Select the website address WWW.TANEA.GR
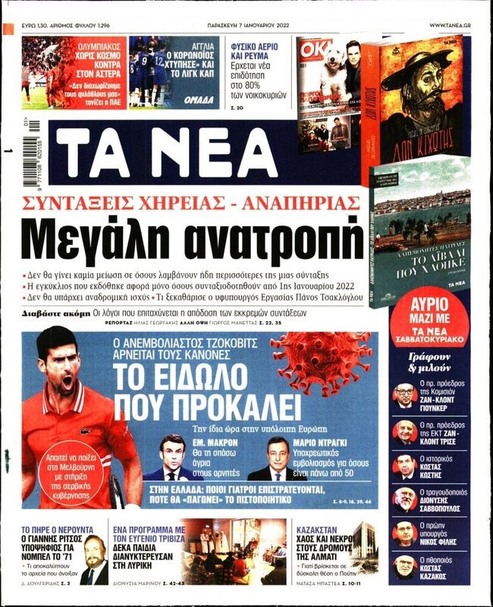pos(454,25)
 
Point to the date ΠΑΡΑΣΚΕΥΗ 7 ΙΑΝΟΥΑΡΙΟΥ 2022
pos(251,25)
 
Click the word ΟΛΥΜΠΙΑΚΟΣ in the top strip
pos(103,46)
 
